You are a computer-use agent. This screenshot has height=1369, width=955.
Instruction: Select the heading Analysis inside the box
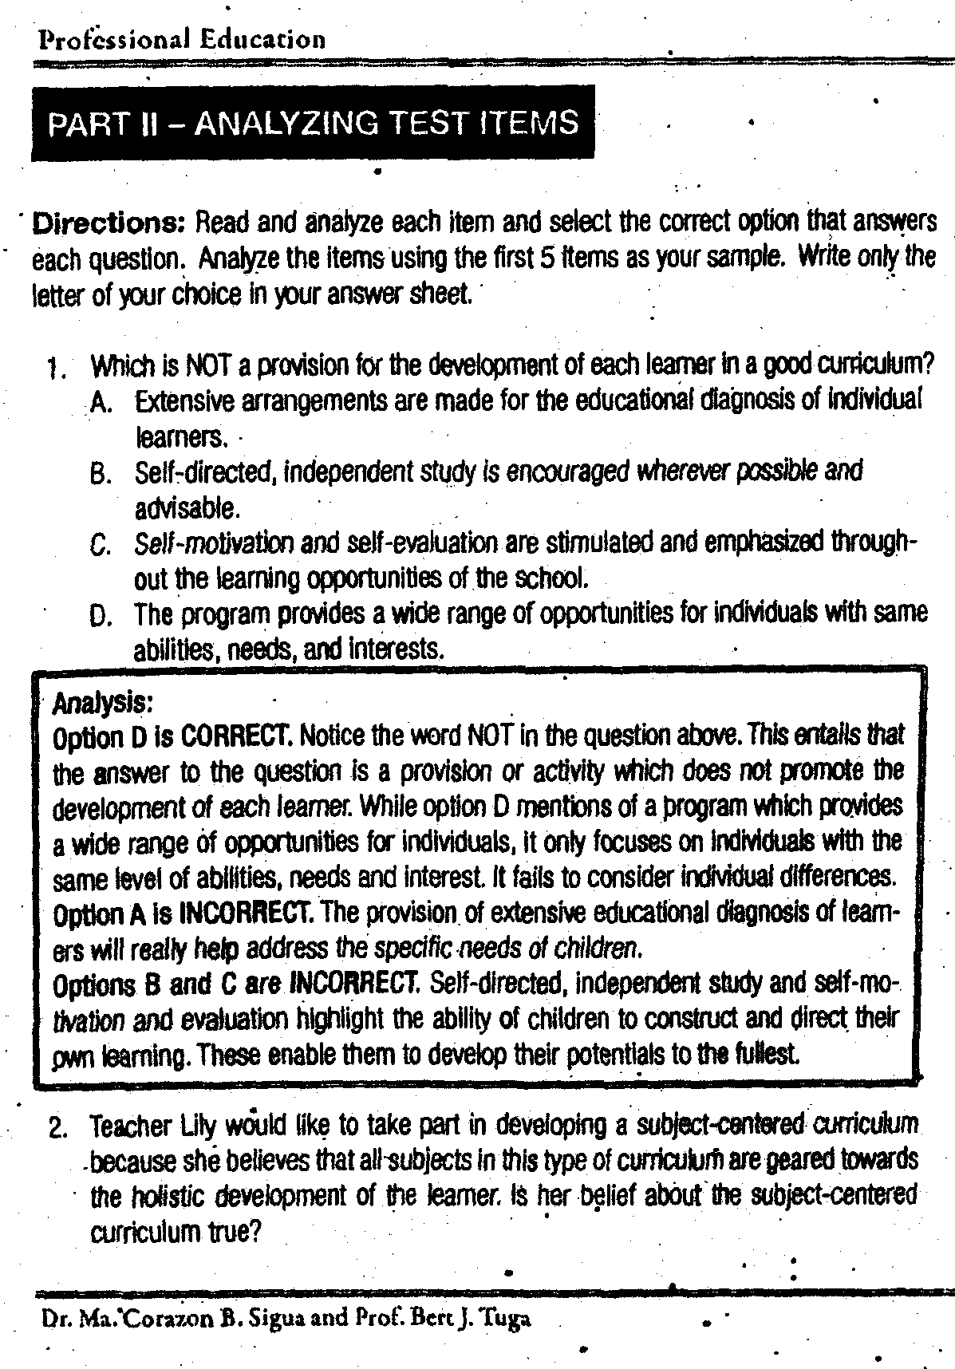[x=102, y=702]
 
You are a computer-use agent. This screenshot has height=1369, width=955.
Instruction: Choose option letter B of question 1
[x=101, y=475]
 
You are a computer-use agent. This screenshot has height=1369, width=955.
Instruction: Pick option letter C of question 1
[x=101, y=545]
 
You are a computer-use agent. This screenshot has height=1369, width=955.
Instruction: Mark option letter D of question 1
[x=101, y=616]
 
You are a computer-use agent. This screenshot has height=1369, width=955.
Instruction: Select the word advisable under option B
[x=186, y=508]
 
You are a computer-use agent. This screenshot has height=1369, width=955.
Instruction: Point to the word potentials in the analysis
[x=618, y=1055]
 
